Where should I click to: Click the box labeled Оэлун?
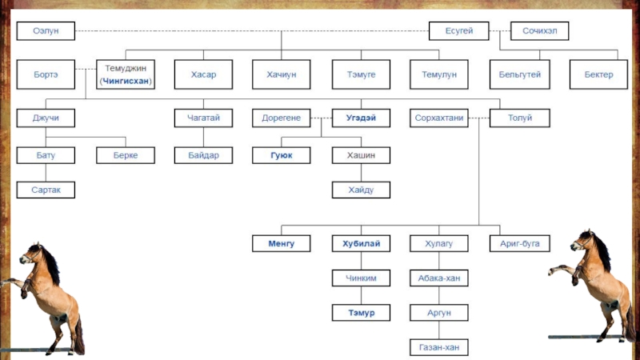click(x=46, y=31)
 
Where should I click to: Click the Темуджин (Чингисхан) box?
click(x=126, y=74)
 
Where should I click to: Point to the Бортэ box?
click(x=46, y=74)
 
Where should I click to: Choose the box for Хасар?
click(x=203, y=74)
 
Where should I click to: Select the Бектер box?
click(x=598, y=74)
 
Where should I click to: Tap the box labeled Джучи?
click(x=46, y=118)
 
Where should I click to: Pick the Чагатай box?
click(x=203, y=118)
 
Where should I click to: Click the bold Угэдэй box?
click(x=361, y=118)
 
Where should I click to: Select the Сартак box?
click(x=46, y=190)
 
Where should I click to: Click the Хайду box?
click(x=361, y=190)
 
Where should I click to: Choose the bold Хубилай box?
click(x=361, y=243)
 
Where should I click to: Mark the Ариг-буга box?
click(x=519, y=243)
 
